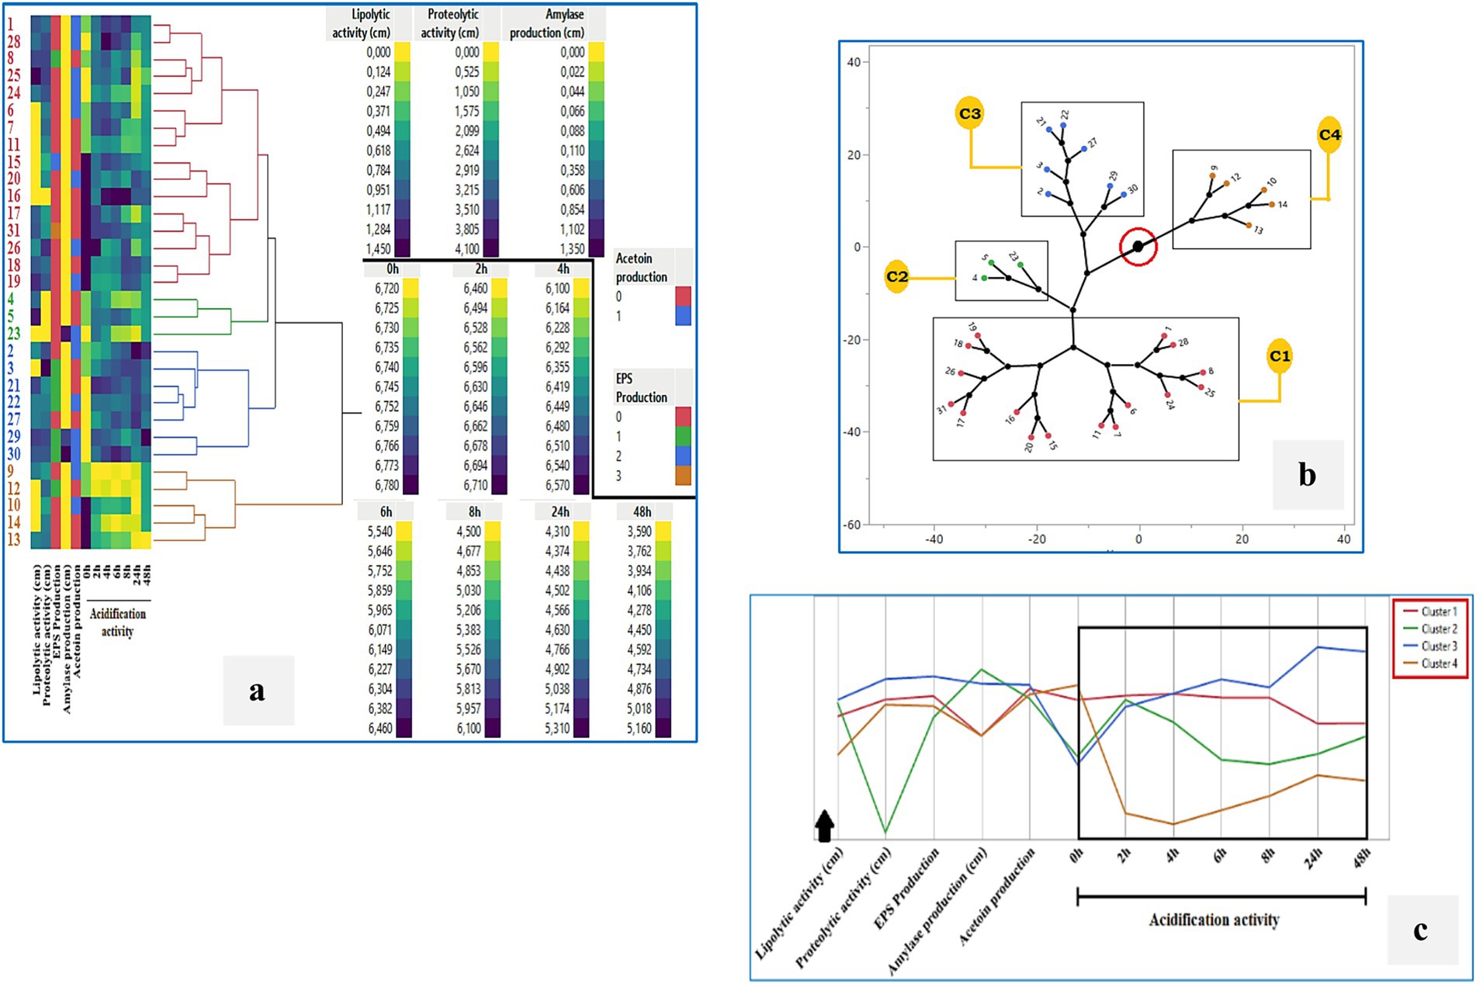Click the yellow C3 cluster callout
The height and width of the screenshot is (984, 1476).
pos(969,114)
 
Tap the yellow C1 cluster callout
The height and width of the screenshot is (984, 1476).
pos(1279,356)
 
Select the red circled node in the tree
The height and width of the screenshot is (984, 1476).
pos(1138,247)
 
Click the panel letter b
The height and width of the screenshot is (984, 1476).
pos(1307,475)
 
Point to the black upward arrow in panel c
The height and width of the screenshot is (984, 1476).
pos(824,826)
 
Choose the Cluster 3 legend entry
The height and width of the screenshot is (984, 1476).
pos(1439,646)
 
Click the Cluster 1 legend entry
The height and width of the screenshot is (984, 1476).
pos(1439,612)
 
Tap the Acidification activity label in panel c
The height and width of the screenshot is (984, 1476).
pos(1214,920)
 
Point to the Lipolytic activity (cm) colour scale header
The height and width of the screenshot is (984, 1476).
pos(362,24)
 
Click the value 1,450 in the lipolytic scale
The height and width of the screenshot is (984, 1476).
pos(379,249)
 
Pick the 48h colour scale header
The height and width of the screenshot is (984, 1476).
pos(642,512)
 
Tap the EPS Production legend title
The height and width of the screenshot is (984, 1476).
pos(641,388)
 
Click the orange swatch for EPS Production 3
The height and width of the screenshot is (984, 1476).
pos(683,476)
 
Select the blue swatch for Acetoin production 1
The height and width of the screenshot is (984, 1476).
pos(683,316)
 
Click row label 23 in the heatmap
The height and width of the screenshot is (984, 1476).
pos(14,334)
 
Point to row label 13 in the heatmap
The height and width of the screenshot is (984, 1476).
pos(14,539)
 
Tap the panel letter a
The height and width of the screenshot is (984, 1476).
pos(258,690)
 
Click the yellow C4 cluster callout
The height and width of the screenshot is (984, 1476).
pos(1329,135)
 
